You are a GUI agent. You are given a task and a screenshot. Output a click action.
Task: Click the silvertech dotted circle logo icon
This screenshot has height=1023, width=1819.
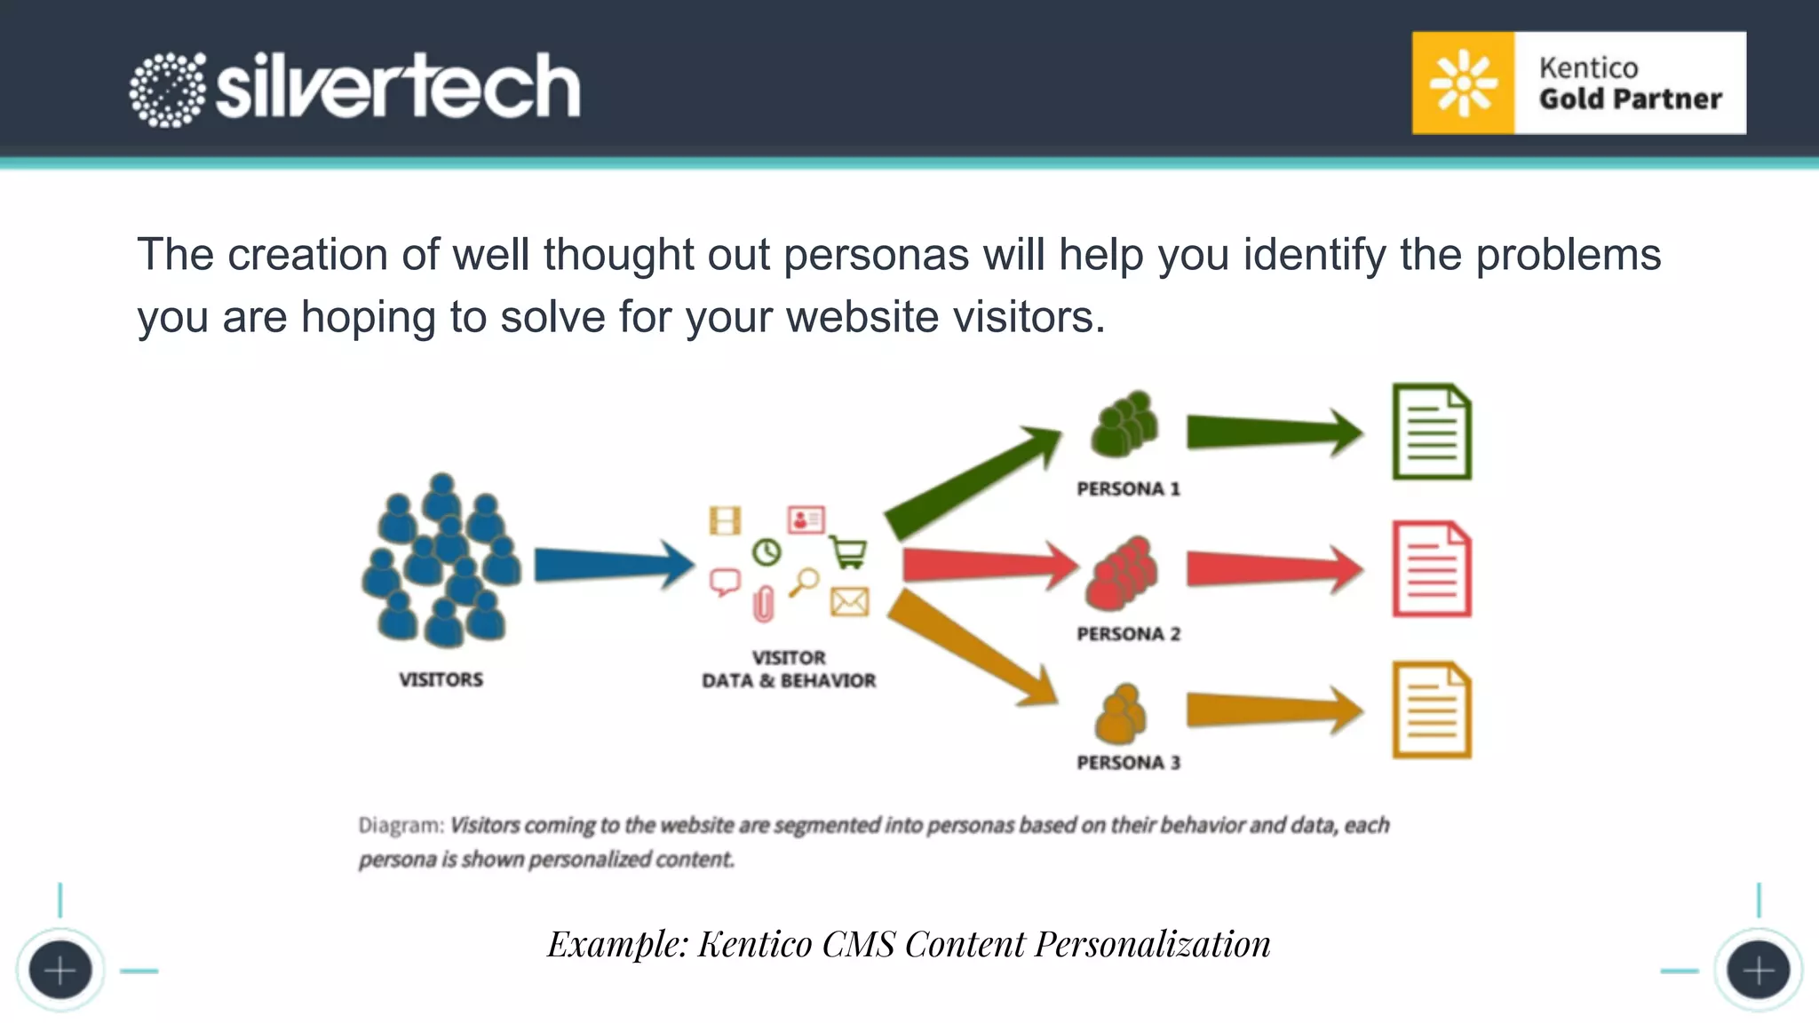(x=167, y=90)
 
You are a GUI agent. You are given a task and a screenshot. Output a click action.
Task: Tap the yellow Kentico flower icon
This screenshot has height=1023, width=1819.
(x=1463, y=83)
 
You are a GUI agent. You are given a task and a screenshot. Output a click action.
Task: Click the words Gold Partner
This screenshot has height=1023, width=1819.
(x=1630, y=99)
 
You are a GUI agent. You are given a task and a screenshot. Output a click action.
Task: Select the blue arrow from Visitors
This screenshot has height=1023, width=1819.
(x=613, y=565)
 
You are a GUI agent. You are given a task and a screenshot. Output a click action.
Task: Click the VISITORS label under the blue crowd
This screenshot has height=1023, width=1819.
(x=441, y=679)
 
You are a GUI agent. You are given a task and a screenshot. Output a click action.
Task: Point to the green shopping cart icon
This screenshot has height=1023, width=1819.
(x=848, y=552)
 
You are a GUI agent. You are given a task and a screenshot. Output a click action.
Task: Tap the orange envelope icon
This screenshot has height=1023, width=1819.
(x=849, y=602)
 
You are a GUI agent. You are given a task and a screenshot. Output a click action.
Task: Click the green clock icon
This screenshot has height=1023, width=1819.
(x=767, y=552)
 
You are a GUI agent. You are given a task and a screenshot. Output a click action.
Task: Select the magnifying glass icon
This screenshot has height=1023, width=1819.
(x=805, y=583)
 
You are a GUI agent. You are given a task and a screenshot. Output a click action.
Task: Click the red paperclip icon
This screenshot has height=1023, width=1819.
(x=763, y=605)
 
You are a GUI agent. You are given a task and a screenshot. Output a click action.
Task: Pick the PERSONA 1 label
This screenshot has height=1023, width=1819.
(x=1128, y=489)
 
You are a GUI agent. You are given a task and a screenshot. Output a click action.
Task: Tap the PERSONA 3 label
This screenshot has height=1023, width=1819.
(x=1128, y=763)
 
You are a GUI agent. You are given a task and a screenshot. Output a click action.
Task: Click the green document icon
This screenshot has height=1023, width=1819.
(x=1431, y=432)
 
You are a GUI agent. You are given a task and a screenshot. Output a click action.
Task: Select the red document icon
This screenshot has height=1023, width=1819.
(x=1431, y=569)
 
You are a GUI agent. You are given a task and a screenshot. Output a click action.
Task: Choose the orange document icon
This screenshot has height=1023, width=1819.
(x=1431, y=710)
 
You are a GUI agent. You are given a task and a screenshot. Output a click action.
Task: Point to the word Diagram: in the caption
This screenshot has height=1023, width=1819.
(x=401, y=826)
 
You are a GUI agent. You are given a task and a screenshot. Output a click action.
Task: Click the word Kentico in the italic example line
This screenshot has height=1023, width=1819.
(x=754, y=944)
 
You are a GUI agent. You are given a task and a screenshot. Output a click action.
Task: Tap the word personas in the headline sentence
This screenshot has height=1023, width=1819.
(x=876, y=255)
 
